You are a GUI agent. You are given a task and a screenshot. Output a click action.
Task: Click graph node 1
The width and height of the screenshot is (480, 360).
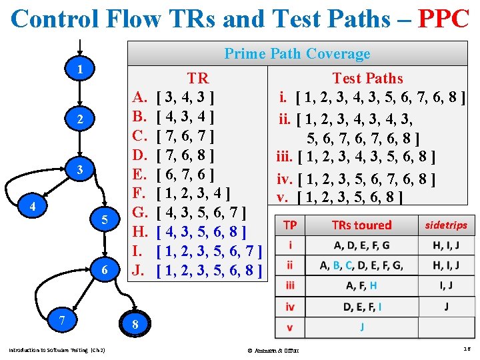(x=79, y=69)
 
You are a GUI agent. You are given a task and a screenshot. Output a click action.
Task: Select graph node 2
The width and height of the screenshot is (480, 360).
(x=79, y=119)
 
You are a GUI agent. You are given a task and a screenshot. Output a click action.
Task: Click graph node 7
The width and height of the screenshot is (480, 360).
(x=62, y=321)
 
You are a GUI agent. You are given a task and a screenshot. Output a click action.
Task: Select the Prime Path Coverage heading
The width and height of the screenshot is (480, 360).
(x=297, y=54)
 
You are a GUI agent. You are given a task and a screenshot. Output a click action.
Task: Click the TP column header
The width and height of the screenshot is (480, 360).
(x=290, y=225)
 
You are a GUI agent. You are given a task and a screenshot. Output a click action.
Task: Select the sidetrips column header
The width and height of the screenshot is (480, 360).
(x=446, y=225)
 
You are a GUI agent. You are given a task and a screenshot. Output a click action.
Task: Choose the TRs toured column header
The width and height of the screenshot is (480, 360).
(x=362, y=225)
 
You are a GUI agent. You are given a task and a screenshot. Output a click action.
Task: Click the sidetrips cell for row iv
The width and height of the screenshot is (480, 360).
(x=446, y=307)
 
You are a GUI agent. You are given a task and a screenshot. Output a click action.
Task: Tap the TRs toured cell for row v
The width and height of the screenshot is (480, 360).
(x=362, y=327)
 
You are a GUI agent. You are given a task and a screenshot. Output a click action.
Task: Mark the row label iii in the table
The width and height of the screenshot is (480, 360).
(x=290, y=285)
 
